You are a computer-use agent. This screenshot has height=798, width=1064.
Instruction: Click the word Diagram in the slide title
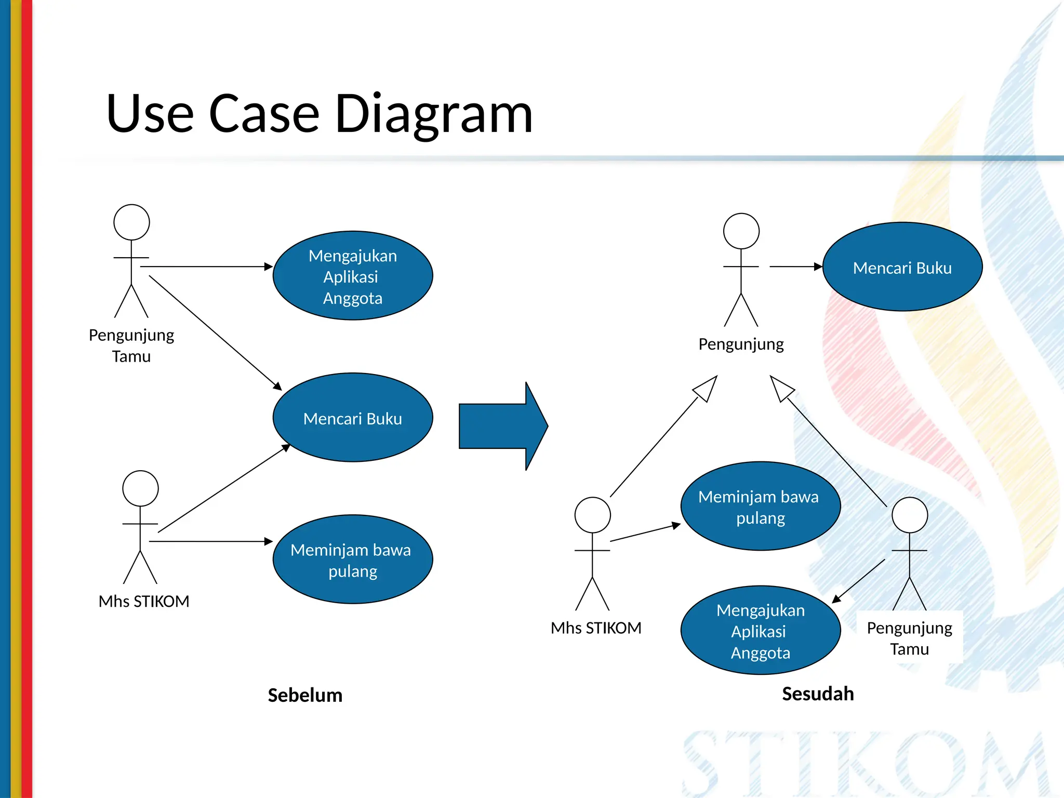pos(433,114)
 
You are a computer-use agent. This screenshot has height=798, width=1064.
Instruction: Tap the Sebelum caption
pos(305,695)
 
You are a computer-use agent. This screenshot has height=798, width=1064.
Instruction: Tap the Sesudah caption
pos(818,694)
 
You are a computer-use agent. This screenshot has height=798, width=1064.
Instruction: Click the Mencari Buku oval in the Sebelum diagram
pos(353,418)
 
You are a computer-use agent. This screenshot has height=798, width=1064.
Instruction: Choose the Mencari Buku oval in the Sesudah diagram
pos(902,267)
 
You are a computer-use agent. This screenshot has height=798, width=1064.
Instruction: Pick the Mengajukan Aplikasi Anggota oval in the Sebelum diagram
pos(353,276)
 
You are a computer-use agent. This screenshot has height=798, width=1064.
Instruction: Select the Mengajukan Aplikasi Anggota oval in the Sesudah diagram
pos(760,630)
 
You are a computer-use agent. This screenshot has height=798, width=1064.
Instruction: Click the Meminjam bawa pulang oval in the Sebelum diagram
pos(353,560)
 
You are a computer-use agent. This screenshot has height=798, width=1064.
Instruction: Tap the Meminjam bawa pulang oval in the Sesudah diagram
pos(760,507)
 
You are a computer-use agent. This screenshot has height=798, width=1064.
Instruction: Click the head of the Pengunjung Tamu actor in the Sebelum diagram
pos(131,222)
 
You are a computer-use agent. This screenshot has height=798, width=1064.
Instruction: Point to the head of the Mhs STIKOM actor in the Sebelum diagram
pos(140,488)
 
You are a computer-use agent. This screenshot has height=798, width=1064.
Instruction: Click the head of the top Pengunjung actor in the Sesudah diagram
pos(741,231)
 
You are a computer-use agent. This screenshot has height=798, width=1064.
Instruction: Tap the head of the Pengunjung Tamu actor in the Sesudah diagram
pos(909,515)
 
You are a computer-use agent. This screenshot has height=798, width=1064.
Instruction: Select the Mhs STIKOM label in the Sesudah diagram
pos(596,628)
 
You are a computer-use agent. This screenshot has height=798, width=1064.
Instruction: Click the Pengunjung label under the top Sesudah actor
pos(741,344)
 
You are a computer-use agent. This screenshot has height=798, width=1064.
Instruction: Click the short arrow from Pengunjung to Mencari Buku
pos(795,267)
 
